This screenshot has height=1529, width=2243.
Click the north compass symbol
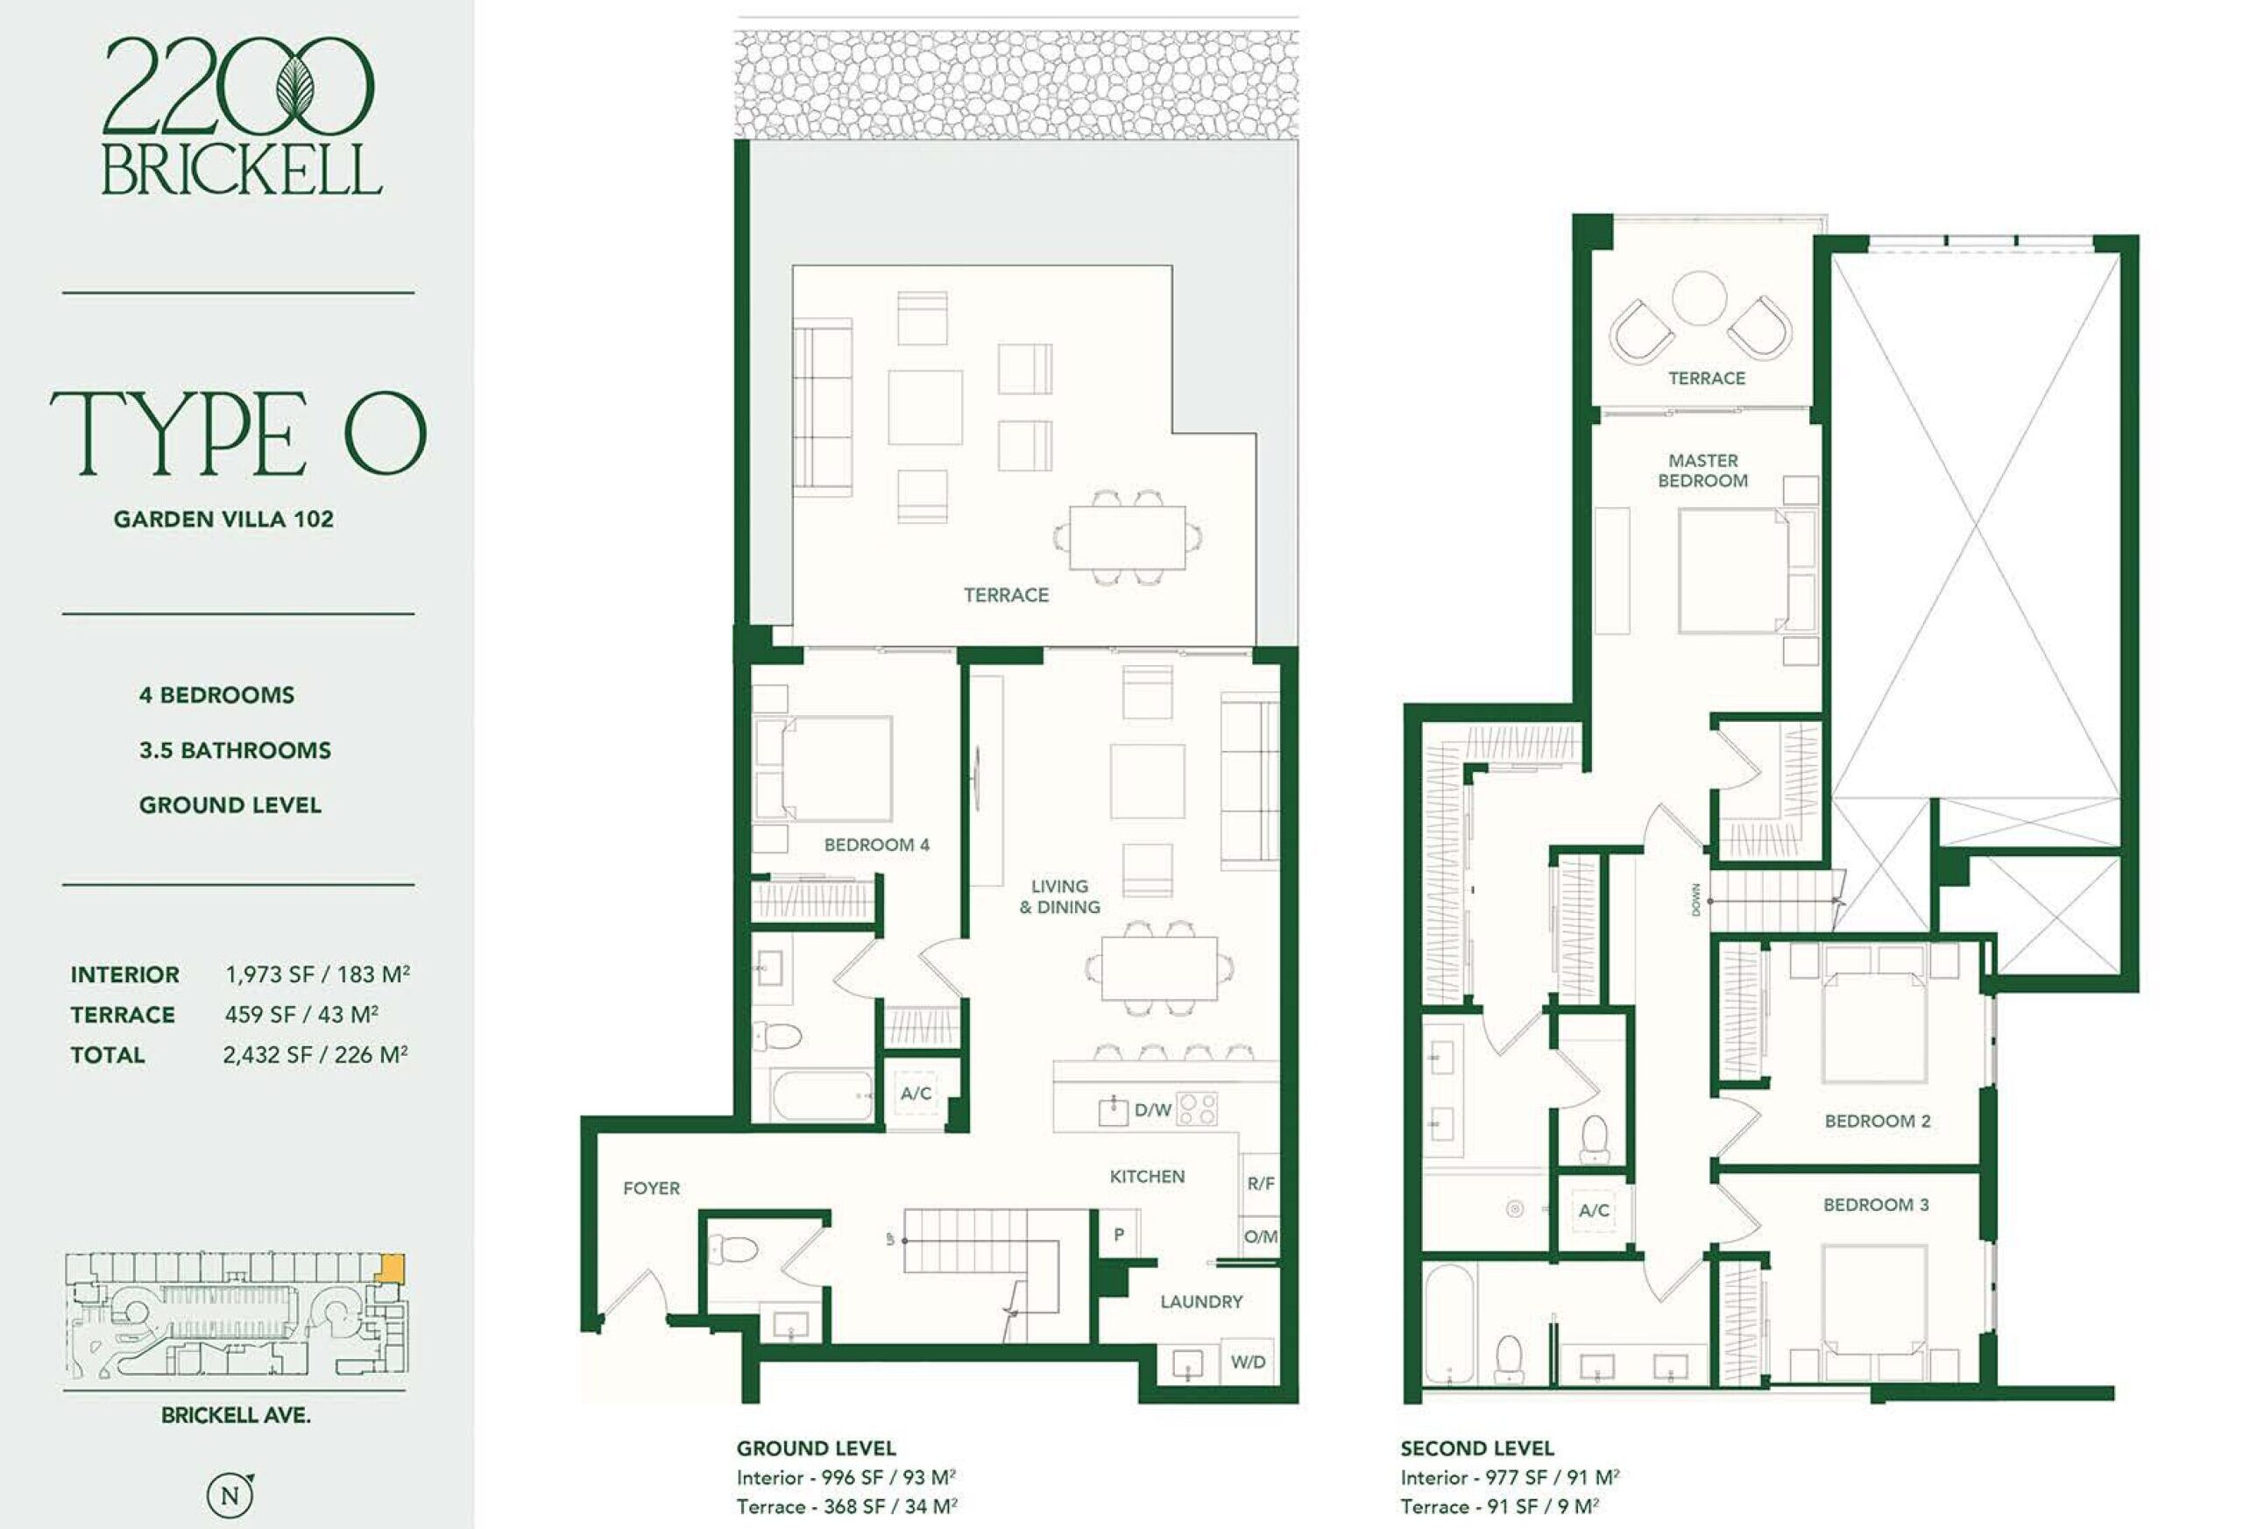(230, 1495)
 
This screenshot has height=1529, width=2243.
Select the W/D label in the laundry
(1248, 1362)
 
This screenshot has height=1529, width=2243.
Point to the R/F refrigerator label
(1261, 1184)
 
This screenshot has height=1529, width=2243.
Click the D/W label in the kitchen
(1152, 1110)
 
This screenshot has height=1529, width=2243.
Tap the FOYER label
(652, 1188)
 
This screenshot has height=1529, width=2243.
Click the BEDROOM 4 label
(876, 845)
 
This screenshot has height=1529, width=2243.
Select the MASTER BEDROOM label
(1702, 470)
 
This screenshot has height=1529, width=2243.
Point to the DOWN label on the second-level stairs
(1695, 899)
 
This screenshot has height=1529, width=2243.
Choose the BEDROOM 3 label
(1875, 1205)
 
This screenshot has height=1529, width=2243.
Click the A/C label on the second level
(1594, 1210)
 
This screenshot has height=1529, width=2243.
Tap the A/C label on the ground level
(916, 1094)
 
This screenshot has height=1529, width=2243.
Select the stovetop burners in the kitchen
(1198, 1109)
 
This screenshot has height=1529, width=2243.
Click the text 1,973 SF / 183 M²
(317, 974)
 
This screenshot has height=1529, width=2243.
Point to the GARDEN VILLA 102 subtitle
(224, 520)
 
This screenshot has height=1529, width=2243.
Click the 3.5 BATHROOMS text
(235, 750)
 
